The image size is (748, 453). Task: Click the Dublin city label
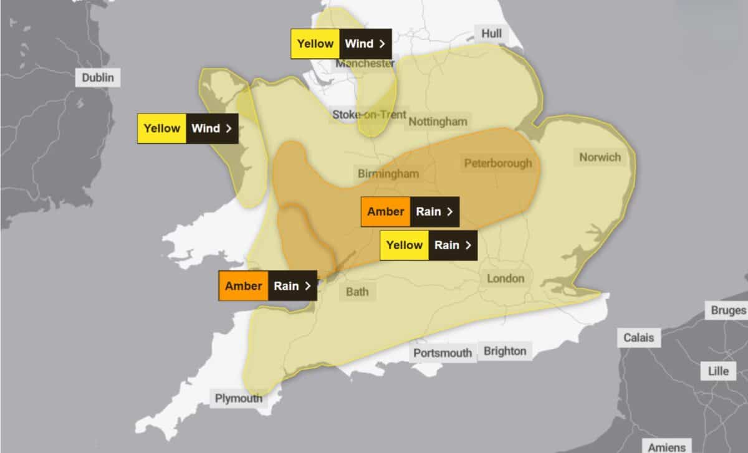coord(98,78)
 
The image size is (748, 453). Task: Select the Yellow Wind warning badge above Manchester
coord(341,44)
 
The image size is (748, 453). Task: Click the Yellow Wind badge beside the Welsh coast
coord(188,128)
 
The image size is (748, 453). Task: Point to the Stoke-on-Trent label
coord(369,115)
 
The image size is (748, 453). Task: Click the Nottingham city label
coord(437,122)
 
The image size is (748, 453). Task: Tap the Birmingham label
coord(388,173)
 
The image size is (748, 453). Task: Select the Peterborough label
coord(498,163)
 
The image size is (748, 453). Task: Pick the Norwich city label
coord(600,157)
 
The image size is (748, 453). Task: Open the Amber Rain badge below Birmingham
coord(411,212)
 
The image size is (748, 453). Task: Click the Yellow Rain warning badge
coord(429,245)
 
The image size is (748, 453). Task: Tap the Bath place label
coord(357,292)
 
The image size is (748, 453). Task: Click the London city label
coord(505,279)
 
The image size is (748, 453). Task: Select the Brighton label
coord(505,351)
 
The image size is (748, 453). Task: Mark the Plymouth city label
coord(238,398)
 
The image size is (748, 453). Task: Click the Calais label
coord(638,338)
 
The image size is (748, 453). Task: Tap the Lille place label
coord(718,371)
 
